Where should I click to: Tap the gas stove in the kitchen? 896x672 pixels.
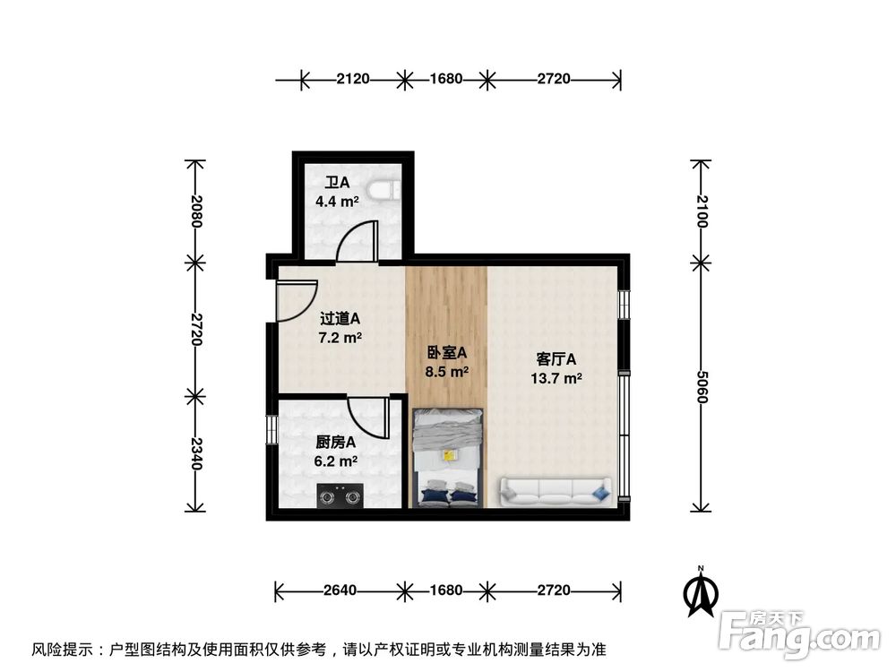pos(340,494)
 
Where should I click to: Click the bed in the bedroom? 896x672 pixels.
pos(448,457)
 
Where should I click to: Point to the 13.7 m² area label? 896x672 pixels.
pos(556,378)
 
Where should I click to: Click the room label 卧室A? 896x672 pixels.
pos(447,352)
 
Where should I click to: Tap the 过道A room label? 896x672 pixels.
pos(340,318)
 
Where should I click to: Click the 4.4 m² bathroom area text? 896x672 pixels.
pos(337,202)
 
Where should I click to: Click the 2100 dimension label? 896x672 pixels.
pos(702,211)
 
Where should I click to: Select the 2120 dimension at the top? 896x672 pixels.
pos(353,79)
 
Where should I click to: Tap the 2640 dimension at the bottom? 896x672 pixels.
pos(340,590)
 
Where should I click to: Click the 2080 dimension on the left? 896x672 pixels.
pos(196,211)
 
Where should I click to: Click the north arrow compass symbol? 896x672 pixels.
pos(702,592)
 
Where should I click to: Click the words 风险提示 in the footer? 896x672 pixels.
pos(62,649)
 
